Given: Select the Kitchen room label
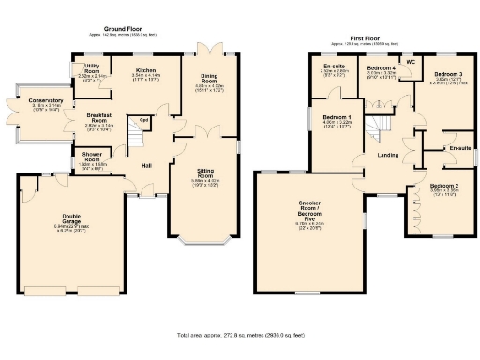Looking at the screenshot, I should click(x=145, y=70).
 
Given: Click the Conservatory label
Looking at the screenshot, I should click(x=46, y=100).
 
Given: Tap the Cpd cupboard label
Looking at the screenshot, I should click(x=144, y=119).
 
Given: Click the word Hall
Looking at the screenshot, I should click(x=147, y=166).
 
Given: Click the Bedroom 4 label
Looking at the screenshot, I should click(x=382, y=69).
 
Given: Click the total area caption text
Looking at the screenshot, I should click(x=239, y=335).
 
